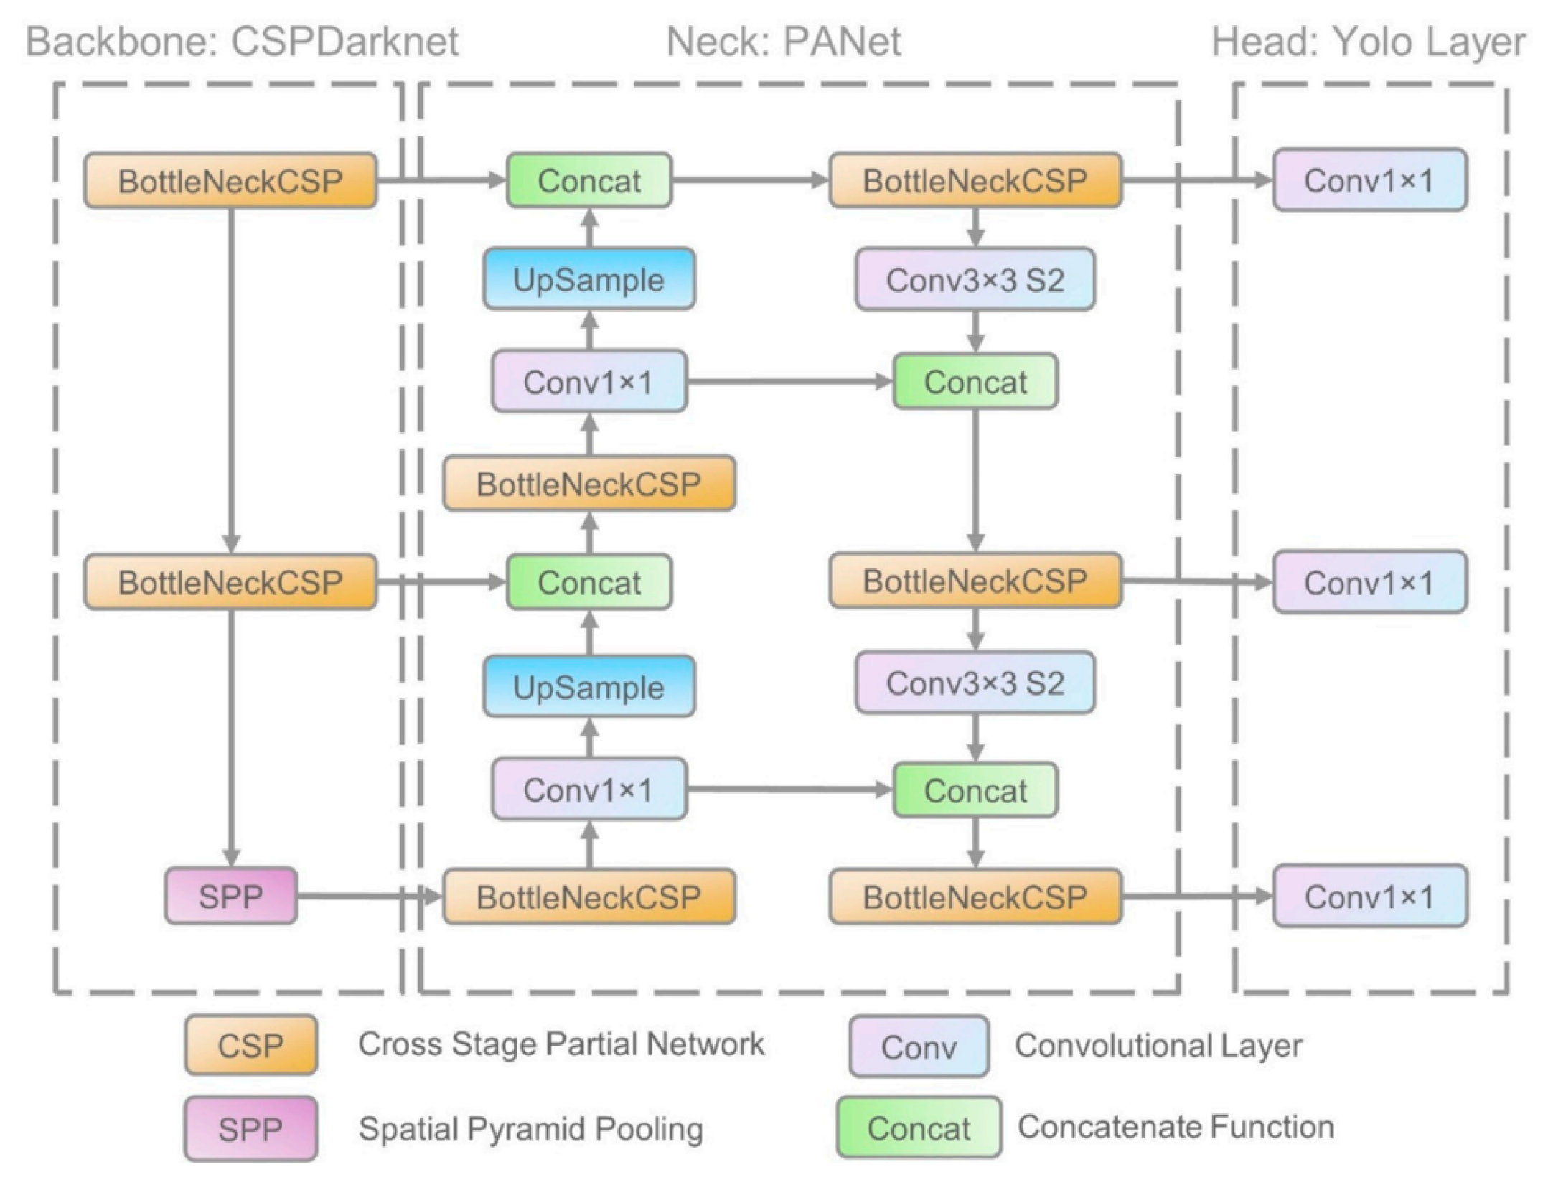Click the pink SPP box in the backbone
(231, 896)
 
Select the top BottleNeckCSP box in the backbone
(230, 181)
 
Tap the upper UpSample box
(589, 279)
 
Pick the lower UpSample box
(589, 687)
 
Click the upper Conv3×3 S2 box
(975, 279)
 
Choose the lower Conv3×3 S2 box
(975, 683)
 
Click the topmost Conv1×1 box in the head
(1370, 180)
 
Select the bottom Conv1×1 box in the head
(1370, 896)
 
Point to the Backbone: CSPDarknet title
(242, 41)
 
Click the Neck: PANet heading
(784, 41)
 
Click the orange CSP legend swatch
(250, 1045)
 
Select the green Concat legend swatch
(919, 1128)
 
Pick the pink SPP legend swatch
(250, 1129)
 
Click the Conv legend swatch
(919, 1046)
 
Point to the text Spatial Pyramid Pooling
(531, 1129)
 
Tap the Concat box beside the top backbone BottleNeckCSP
(589, 180)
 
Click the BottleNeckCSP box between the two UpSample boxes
(589, 483)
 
